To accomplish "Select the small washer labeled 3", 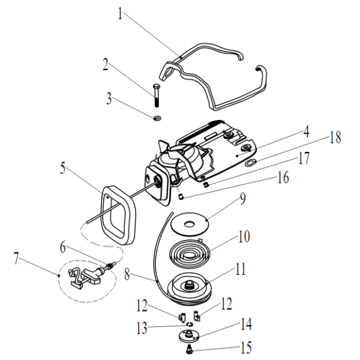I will (157, 119).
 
